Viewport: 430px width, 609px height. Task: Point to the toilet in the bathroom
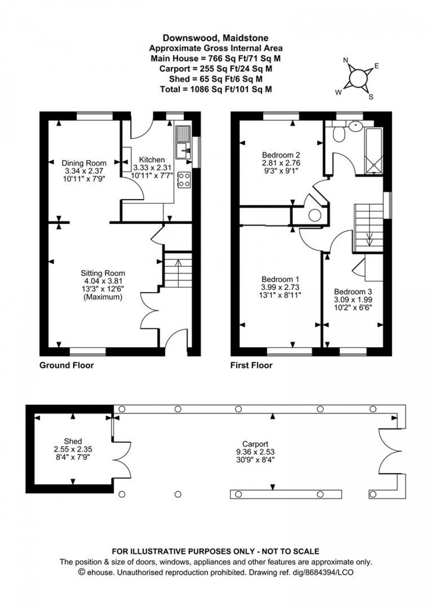(339, 134)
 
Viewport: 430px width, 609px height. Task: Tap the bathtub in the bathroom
(374, 149)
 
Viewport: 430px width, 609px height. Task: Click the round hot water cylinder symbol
(315, 215)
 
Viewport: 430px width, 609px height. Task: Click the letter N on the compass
(345, 61)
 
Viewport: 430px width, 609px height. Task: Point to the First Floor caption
(251, 365)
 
